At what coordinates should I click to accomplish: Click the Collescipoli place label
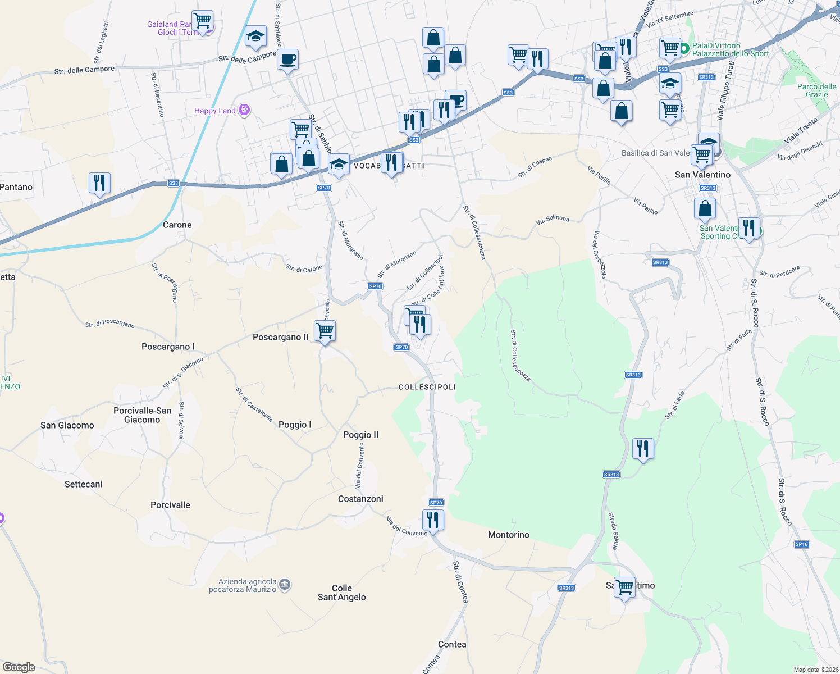pos(427,387)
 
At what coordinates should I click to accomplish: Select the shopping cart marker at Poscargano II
pos(325,331)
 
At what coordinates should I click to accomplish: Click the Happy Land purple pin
pos(244,110)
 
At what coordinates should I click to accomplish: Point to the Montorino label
pos(508,535)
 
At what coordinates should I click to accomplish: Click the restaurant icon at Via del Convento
pos(433,520)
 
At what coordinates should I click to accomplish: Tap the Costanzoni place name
pos(360,499)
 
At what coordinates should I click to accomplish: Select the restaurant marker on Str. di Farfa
pos(643,449)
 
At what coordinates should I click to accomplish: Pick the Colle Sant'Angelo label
pos(342,593)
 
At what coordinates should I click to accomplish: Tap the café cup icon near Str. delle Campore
pos(287,59)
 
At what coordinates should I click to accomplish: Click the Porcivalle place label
pos(170,505)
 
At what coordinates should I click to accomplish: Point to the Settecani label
pos(84,484)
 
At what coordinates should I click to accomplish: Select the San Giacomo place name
pos(67,425)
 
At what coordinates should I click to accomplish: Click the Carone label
pos(177,225)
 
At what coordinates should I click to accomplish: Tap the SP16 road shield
pos(801,544)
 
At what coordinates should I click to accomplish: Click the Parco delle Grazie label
pos(816,90)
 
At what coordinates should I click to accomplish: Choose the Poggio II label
pos(360,435)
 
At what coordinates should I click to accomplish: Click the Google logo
pos(19,667)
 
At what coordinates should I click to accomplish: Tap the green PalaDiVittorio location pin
pos(684,49)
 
